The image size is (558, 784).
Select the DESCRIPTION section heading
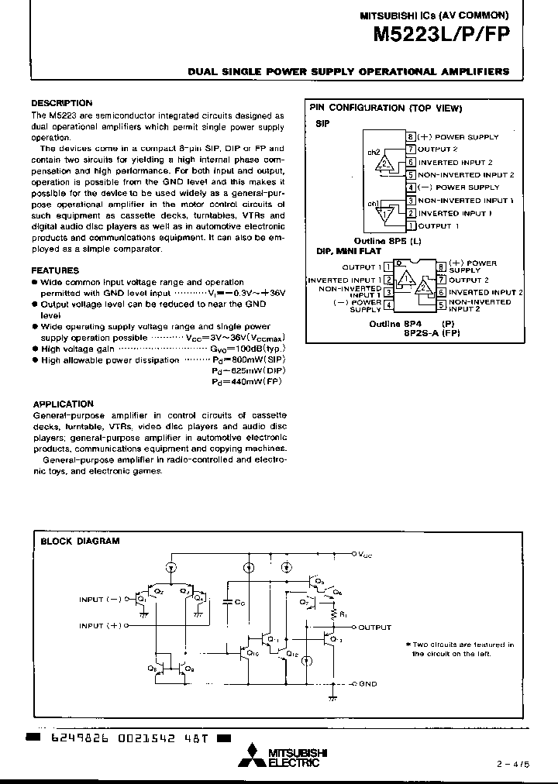point(61,103)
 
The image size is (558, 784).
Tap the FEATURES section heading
point(54,270)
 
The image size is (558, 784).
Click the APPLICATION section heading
point(63,404)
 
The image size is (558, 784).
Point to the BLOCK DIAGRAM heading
point(80,542)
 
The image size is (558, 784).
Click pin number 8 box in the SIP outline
point(412,137)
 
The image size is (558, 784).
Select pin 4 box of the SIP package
point(412,187)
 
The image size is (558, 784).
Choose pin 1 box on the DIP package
point(387,266)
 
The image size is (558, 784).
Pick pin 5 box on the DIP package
point(440,305)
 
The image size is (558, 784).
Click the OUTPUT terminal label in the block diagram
point(375,628)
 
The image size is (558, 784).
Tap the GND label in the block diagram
point(367,684)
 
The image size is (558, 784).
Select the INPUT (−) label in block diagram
point(101,600)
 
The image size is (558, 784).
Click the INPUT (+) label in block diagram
point(101,625)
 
